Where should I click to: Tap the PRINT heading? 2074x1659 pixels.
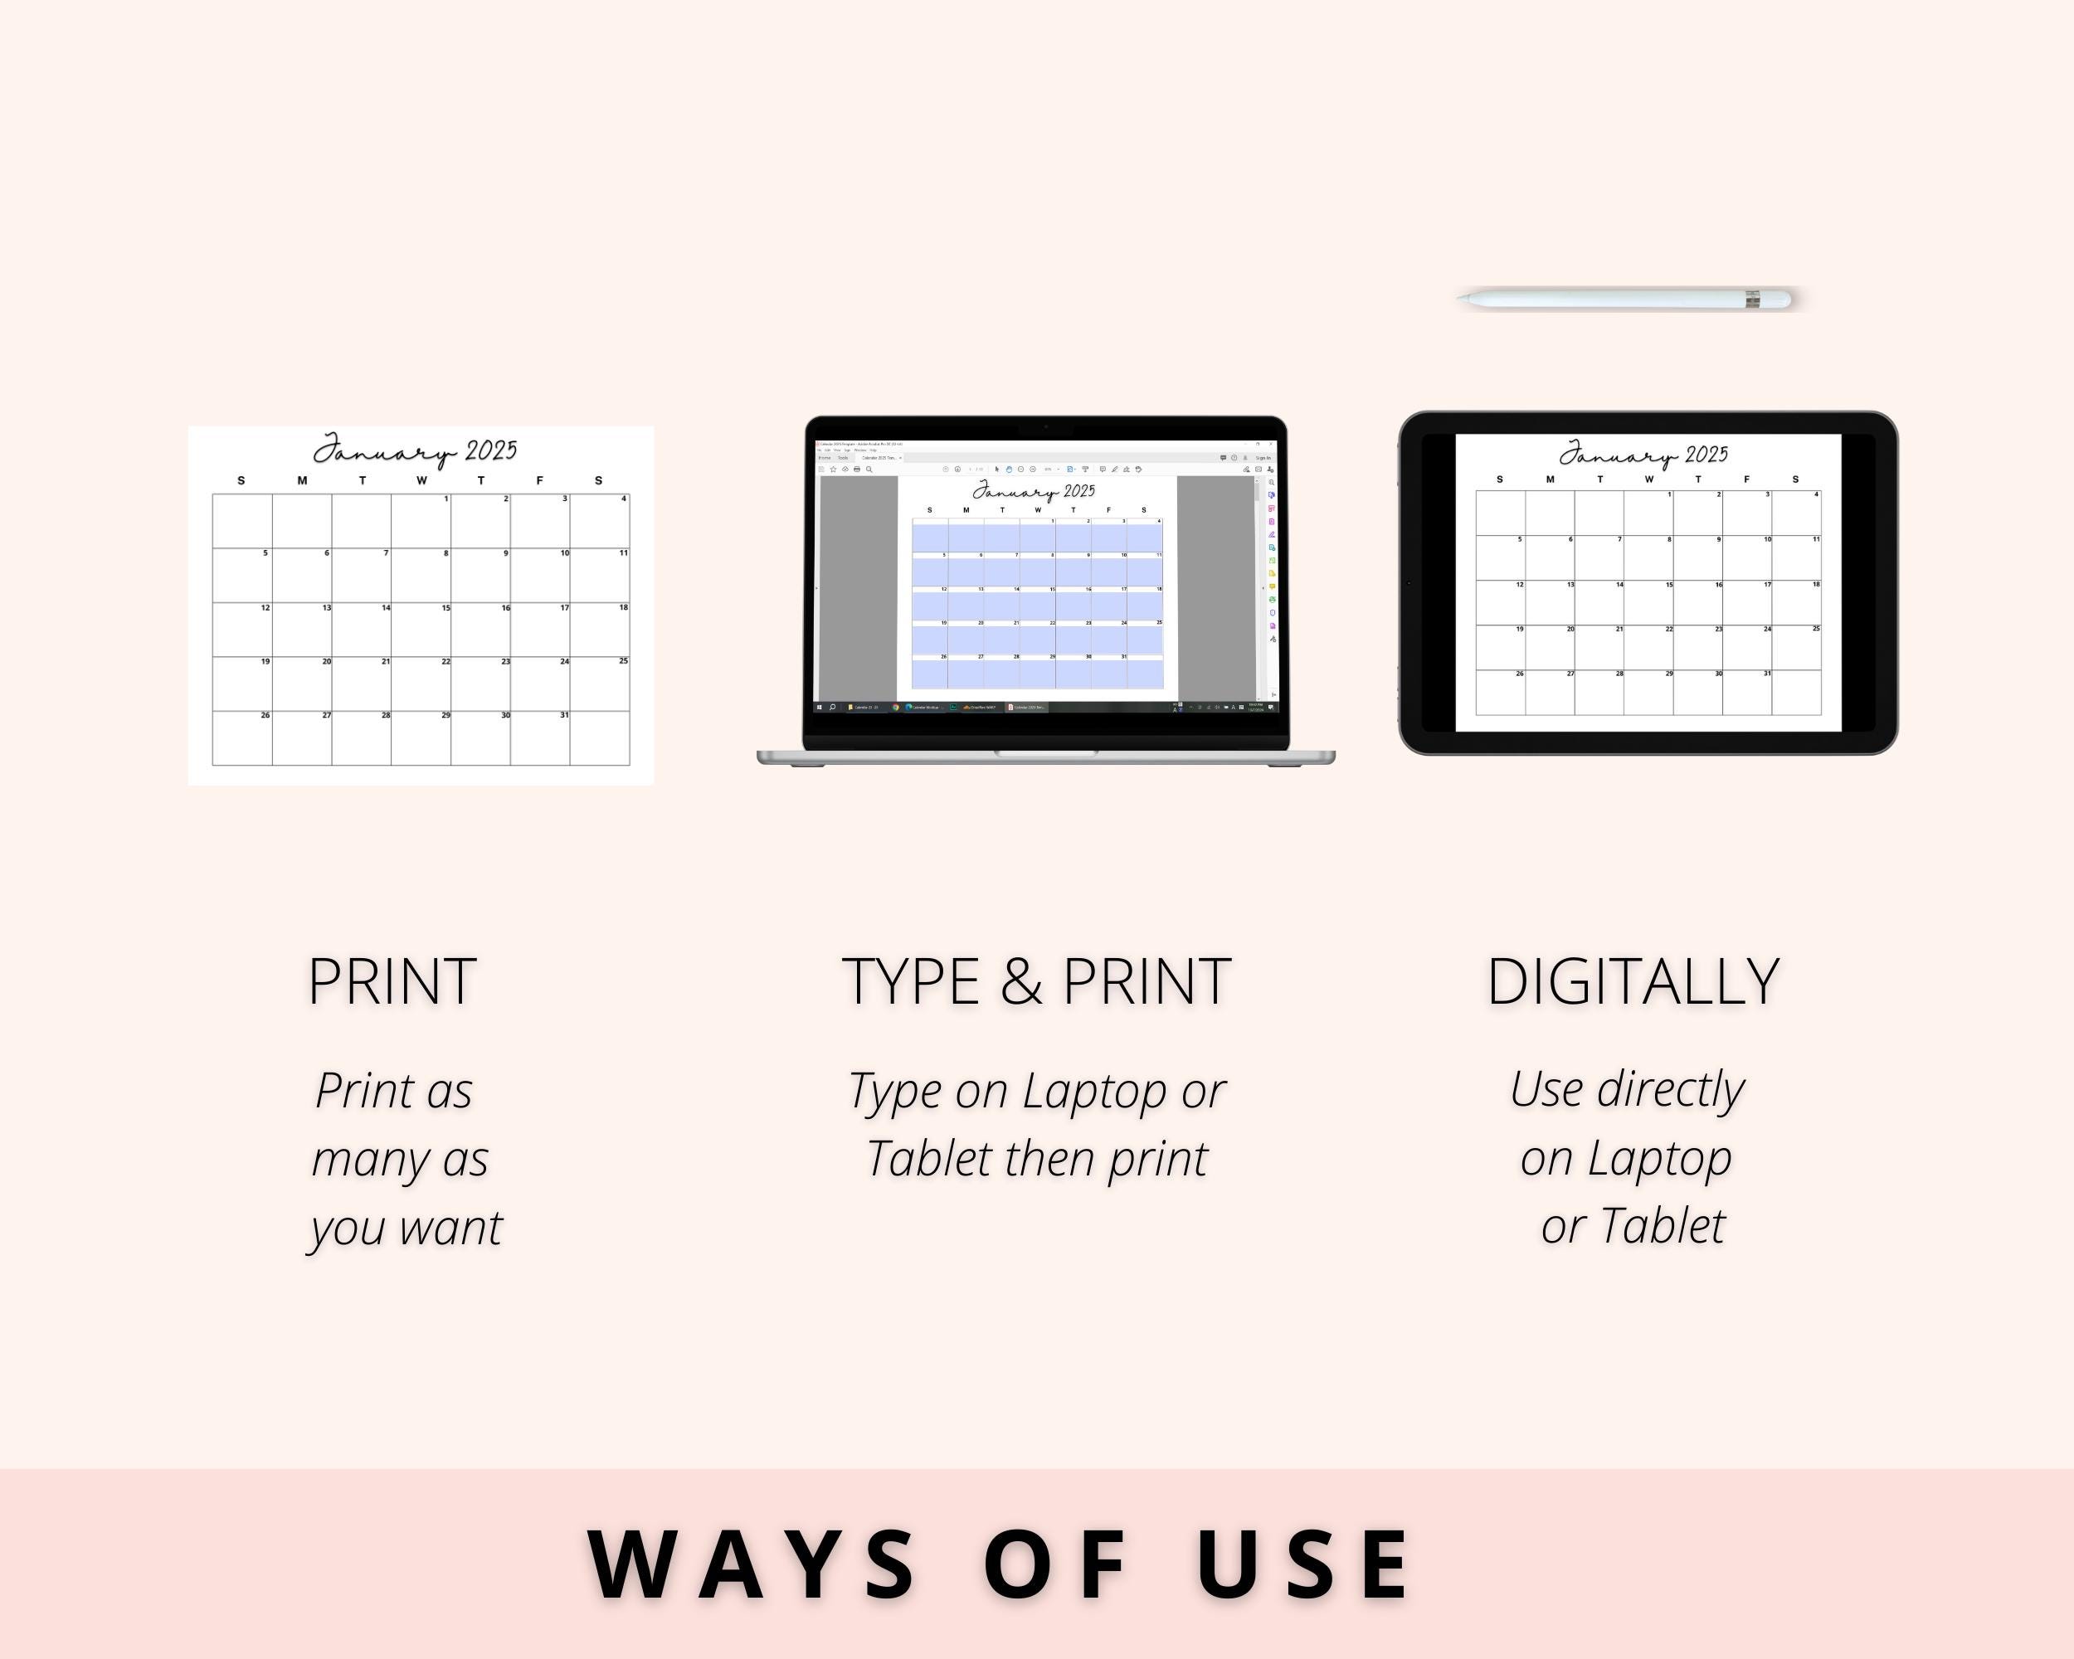pos(392,982)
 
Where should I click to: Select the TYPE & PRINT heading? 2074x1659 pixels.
pos(1036,982)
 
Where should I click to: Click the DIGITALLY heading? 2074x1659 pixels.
pos(1633,982)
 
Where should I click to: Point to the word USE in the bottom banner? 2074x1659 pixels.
pos(1303,1566)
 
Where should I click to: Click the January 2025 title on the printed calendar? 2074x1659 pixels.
pos(415,450)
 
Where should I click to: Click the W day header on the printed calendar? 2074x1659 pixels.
pos(421,480)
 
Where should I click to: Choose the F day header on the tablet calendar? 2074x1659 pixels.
pos(1746,479)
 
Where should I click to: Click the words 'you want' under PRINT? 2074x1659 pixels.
pos(405,1228)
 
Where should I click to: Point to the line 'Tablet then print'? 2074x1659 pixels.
pos(1036,1159)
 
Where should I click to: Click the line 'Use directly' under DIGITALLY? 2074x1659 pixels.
pos(1627,1090)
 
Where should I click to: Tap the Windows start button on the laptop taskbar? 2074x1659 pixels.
pos(820,707)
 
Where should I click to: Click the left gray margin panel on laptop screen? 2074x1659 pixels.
pos(858,586)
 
